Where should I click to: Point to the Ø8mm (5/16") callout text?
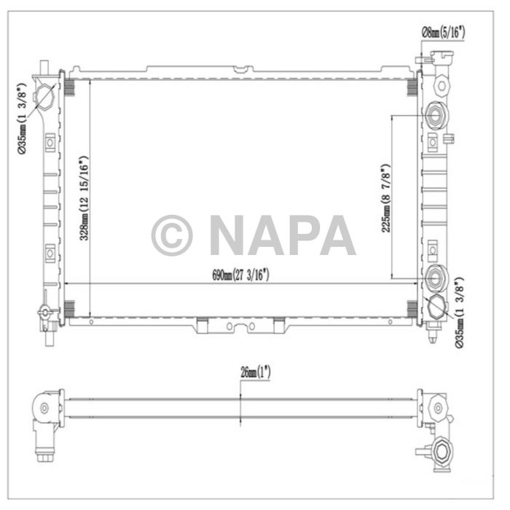point(443,31)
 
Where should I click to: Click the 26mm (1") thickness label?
point(251,371)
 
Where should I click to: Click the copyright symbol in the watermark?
point(172,235)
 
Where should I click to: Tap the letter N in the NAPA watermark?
point(231,235)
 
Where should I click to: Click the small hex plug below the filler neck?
point(440,85)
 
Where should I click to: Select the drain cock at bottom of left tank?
point(45,314)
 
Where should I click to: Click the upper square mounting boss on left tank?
point(49,144)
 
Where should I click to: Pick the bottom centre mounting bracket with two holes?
point(240,326)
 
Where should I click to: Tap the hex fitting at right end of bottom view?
point(441,452)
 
